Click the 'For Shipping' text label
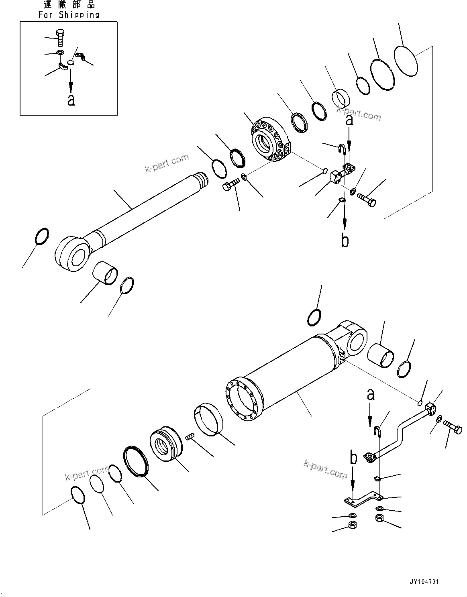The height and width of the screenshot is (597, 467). click(69, 15)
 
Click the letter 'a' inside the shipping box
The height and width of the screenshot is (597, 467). click(71, 100)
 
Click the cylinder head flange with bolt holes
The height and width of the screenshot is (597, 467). click(269, 141)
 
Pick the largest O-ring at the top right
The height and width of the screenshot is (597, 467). click(406, 61)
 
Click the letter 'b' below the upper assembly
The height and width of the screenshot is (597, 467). click(345, 240)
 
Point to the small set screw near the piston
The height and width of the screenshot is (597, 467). click(190, 436)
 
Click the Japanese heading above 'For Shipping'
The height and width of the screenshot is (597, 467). click(69, 5)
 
